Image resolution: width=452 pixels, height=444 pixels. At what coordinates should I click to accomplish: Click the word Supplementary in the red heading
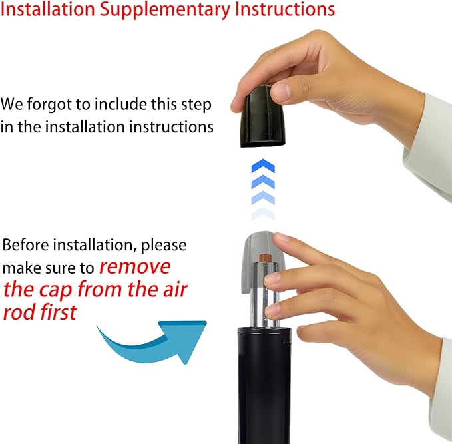[164, 10]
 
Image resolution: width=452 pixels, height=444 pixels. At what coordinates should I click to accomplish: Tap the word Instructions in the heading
[285, 9]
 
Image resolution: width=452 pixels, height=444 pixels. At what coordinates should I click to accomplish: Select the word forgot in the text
[49, 105]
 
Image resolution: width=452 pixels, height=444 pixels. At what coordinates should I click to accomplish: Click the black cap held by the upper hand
[262, 116]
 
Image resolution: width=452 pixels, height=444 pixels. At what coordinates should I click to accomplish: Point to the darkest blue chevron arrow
[263, 166]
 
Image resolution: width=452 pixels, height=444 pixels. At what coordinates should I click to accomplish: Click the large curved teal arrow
[153, 342]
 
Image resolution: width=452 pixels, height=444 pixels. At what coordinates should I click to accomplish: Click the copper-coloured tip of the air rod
[264, 258]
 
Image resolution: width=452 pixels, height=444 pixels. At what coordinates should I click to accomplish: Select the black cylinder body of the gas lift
[264, 385]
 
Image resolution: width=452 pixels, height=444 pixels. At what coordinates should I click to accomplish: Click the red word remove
[135, 267]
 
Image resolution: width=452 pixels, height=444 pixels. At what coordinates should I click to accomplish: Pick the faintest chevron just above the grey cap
[263, 214]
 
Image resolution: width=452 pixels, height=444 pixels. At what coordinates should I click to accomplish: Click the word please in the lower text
[164, 246]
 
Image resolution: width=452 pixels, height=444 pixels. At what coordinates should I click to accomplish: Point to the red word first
[59, 312]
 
